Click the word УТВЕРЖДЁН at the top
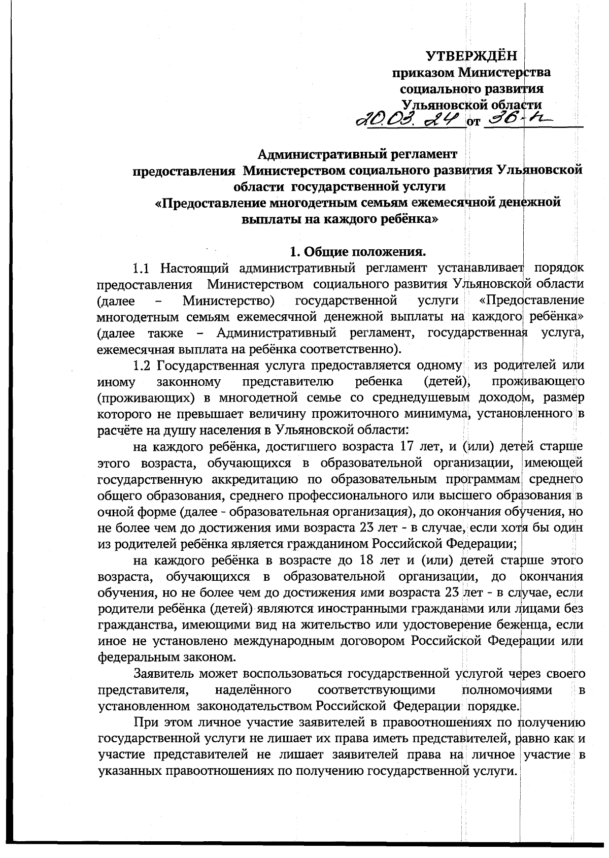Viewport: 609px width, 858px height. coord(471,55)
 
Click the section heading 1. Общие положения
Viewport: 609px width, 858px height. coord(358,251)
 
